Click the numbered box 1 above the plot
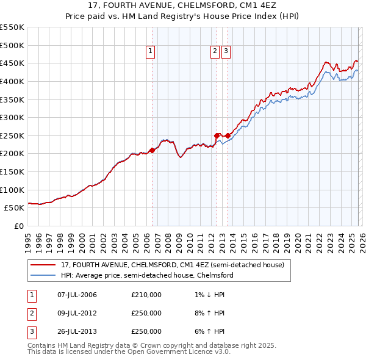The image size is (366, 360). click(150, 52)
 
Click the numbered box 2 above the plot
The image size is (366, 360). click(215, 52)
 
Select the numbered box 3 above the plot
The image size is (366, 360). click(226, 52)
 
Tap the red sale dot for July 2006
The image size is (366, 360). click(152, 150)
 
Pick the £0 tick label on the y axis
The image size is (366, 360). click(18, 226)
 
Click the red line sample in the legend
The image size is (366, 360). click(44, 265)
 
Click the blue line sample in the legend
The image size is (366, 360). click(44, 275)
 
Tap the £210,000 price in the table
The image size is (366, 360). click(146, 295)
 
